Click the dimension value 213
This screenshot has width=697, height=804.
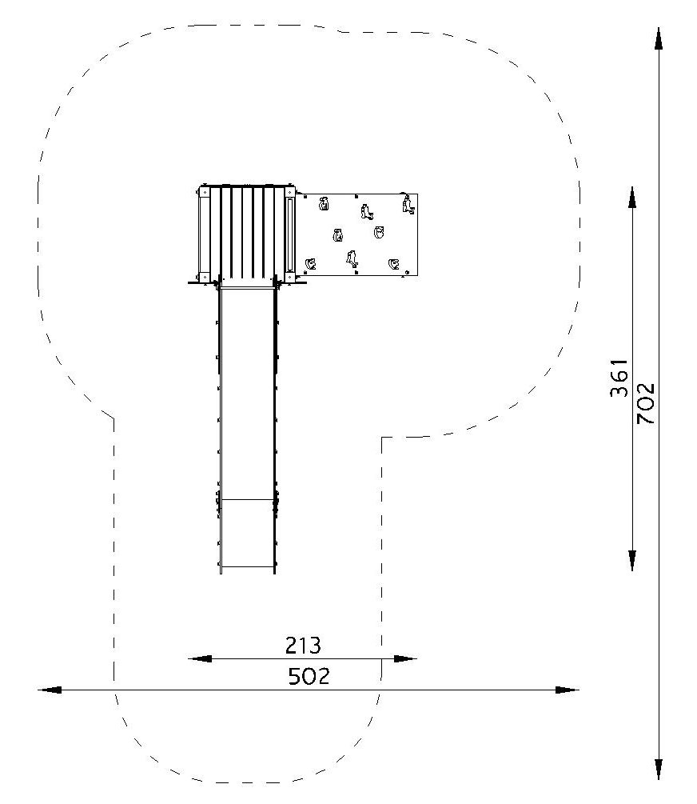point(303,646)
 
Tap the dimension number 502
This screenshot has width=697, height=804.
point(309,676)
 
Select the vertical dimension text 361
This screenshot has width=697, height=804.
point(619,378)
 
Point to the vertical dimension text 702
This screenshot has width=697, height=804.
point(646,403)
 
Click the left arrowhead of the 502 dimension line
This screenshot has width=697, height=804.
point(50,690)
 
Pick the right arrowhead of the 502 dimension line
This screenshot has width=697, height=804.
point(568,690)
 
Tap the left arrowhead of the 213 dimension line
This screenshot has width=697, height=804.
point(200,658)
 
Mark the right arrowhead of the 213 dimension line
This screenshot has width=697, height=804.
point(405,658)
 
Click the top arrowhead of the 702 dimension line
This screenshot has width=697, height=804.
point(659,39)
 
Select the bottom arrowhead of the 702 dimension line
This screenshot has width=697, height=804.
point(659,768)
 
